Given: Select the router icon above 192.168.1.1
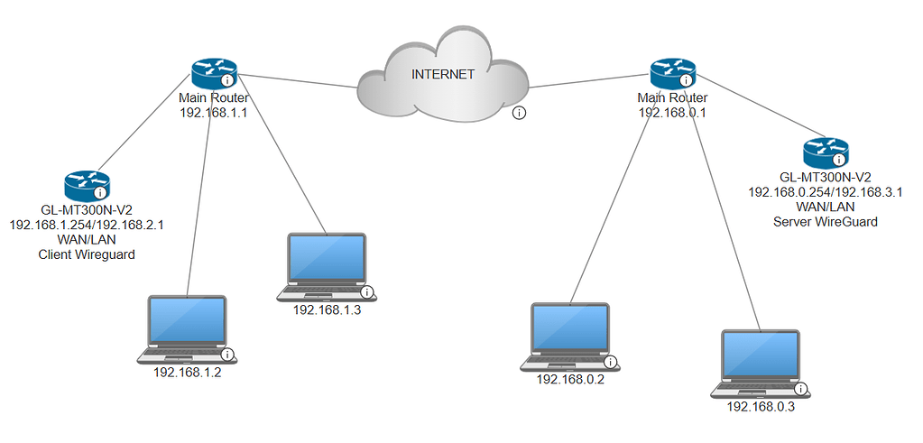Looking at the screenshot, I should click(x=212, y=72).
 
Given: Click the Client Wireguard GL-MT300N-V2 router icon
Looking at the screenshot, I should click(x=86, y=186).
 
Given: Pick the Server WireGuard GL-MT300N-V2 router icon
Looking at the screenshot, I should click(x=825, y=152).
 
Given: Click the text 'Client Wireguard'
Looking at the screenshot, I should click(x=86, y=255).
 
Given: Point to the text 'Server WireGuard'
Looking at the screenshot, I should click(x=825, y=221).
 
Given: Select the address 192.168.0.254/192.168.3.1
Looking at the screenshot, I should click(x=825, y=191).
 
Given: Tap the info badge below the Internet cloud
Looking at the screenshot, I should click(x=520, y=113).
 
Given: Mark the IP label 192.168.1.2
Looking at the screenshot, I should click(x=188, y=373).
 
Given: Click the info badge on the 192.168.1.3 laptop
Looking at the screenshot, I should click(x=367, y=291).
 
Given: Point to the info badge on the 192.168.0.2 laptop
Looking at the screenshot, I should click(x=611, y=362).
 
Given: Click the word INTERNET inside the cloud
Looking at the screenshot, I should click(x=442, y=75).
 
